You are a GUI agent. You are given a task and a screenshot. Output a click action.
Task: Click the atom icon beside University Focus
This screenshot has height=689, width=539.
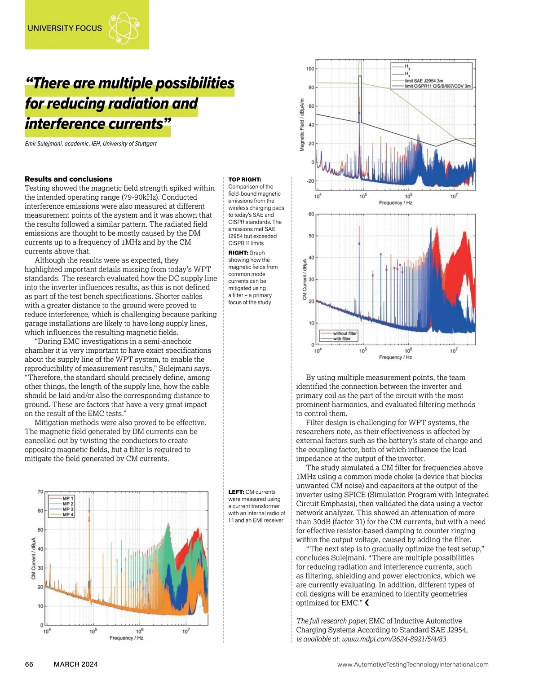coord(124,28)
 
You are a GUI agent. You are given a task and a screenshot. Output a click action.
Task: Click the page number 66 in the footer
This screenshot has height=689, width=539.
coord(29,664)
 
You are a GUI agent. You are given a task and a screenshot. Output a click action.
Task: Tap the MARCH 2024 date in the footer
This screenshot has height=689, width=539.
coord(75,664)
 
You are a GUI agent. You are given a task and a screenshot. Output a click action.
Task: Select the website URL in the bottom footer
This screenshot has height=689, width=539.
coord(413,665)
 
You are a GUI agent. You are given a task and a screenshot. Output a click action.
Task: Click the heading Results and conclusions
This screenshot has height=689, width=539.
coord(68,179)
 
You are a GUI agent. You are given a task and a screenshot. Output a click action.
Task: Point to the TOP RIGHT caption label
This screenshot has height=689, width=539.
coord(245,180)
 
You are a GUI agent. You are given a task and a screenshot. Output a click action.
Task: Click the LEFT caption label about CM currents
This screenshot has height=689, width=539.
coord(236,492)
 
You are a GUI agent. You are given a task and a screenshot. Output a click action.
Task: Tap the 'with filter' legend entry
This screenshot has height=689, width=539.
coord(342,339)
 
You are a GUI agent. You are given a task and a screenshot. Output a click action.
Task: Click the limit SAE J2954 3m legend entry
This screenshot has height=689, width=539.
coord(424,81)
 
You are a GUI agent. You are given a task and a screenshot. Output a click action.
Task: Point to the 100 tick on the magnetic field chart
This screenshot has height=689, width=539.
coord(310,69)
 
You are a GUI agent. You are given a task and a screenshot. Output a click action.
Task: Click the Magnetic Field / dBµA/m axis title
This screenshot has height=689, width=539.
coord(302,125)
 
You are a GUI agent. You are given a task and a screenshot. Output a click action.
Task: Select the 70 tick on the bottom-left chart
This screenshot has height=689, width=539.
coord(40,492)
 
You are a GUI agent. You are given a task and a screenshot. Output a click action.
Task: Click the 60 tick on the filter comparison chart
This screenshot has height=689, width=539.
coord(311,214)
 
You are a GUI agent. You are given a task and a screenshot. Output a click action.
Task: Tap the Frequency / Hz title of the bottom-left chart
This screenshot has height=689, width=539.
coord(126,638)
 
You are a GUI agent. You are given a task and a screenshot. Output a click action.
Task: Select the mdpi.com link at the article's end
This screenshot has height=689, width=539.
coord(394,639)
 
